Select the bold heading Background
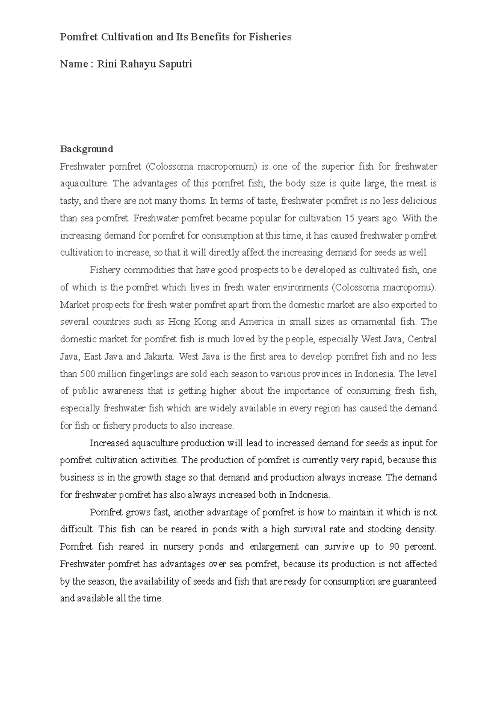(87, 149)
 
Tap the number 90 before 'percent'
(394, 547)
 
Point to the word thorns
(194, 201)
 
